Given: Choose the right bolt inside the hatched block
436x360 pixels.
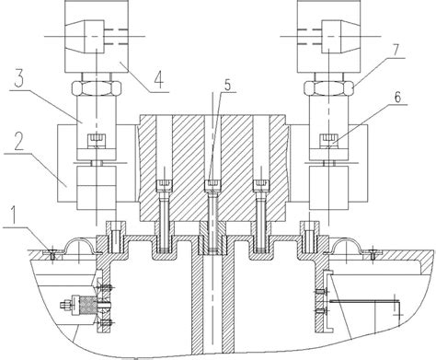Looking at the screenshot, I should (x=262, y=207).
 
